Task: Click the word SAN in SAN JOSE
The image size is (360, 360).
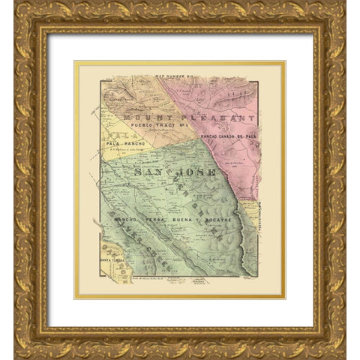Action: click(x=149, y=172)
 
